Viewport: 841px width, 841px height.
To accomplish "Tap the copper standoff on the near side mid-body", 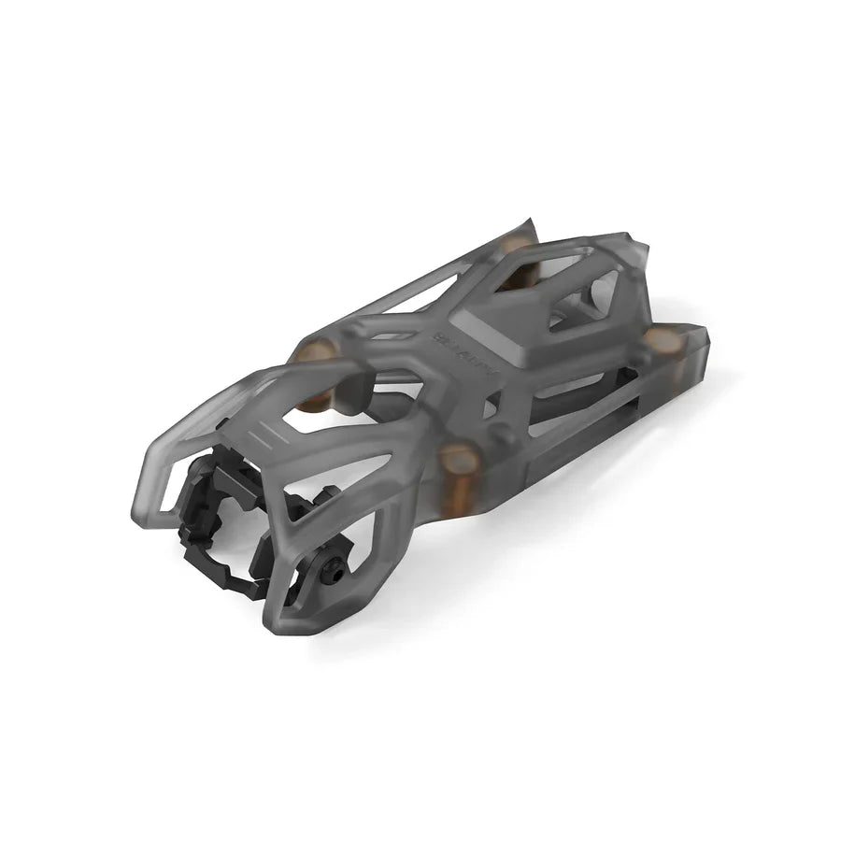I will pyautogui.click(x=457, y=459).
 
